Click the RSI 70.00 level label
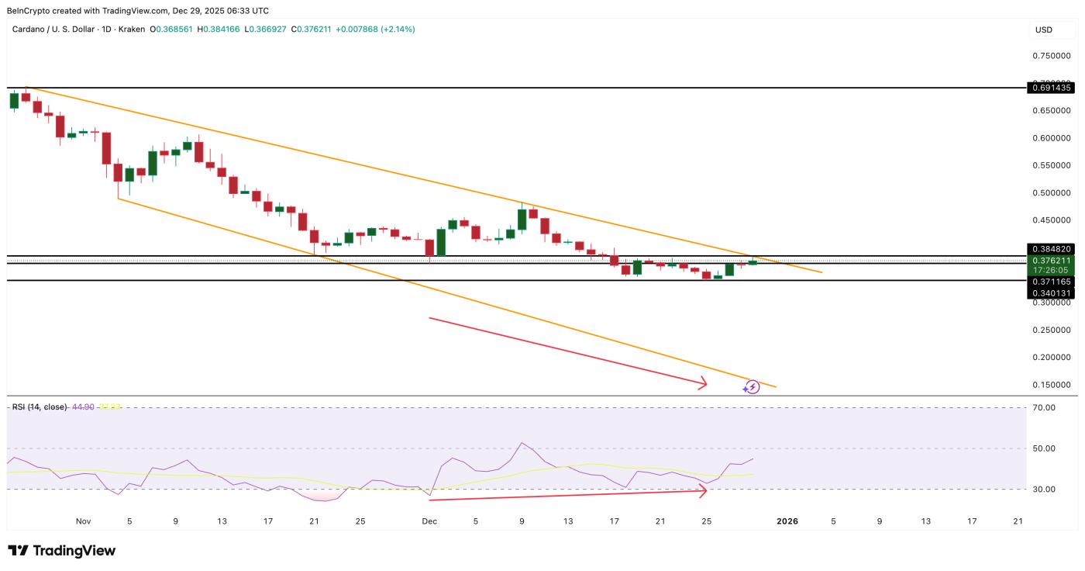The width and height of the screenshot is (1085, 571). pos(1043,407)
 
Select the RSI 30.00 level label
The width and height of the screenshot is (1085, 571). pos(1043,489)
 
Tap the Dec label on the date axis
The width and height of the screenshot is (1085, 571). pos(429,521)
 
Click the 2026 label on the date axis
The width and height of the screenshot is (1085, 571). pos(787,521)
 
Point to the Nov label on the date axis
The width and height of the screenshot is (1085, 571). pos(84,521)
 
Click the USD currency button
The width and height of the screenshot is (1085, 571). pos(1043,29)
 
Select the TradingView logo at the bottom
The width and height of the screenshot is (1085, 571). pos(62,551)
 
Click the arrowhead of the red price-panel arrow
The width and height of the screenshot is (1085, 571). pos(704,382)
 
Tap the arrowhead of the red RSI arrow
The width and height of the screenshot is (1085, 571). pos(704,490)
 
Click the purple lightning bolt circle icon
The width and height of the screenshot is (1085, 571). pos(752,386)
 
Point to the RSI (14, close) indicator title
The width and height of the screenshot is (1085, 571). pos(40,407)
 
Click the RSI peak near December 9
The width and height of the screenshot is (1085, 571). pos(522,443)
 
